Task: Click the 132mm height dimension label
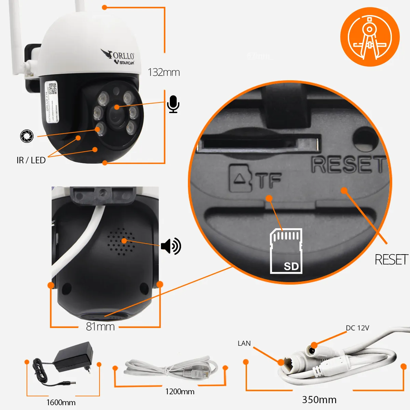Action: [164, 72]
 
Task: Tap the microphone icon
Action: [174, 104]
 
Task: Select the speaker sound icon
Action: [171, 246]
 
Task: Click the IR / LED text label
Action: [31, 160]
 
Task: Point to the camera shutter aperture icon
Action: [27, 136]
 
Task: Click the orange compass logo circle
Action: [370, 37]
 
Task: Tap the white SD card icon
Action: [286, 251]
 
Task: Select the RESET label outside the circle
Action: [391, 260]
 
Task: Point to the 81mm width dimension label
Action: [100, 327]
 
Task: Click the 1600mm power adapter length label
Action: [61, 402]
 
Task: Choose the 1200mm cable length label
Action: [180, 392]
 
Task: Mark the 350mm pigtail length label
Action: [319, 399]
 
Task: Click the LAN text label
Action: [244, 343]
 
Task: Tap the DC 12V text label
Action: [357, 328]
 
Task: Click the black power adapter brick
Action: [73, 357]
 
